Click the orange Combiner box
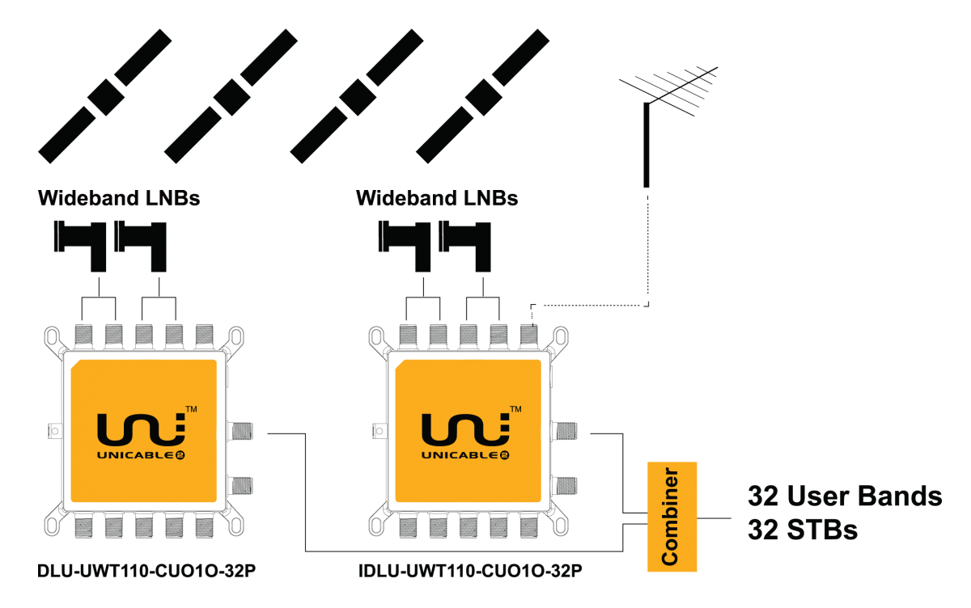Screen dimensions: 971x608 (672, 517)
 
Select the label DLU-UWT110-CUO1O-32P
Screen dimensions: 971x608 (146, 571)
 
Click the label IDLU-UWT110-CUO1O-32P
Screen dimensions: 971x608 (470, 571)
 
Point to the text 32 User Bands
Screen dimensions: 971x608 (845, 496)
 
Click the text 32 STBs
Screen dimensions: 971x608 (803, 530)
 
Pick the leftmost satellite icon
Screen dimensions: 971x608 (105, 96)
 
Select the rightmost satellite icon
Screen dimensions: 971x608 (482, 96)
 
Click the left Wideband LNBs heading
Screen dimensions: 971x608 (119, 198)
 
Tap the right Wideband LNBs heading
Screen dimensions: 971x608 (437, 198)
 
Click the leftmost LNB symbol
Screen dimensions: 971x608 (80, 246)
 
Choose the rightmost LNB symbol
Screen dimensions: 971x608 (464, 246)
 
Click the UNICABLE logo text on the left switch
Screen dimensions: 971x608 (141, 455)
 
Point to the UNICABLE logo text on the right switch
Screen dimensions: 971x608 (465, 455)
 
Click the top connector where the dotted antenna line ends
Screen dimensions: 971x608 (529, 336)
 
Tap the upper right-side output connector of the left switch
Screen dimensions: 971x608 (241, 431)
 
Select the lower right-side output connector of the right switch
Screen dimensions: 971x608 (565, 485)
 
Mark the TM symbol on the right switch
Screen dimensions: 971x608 (515, 409)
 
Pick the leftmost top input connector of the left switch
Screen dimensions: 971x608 (83, 336)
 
